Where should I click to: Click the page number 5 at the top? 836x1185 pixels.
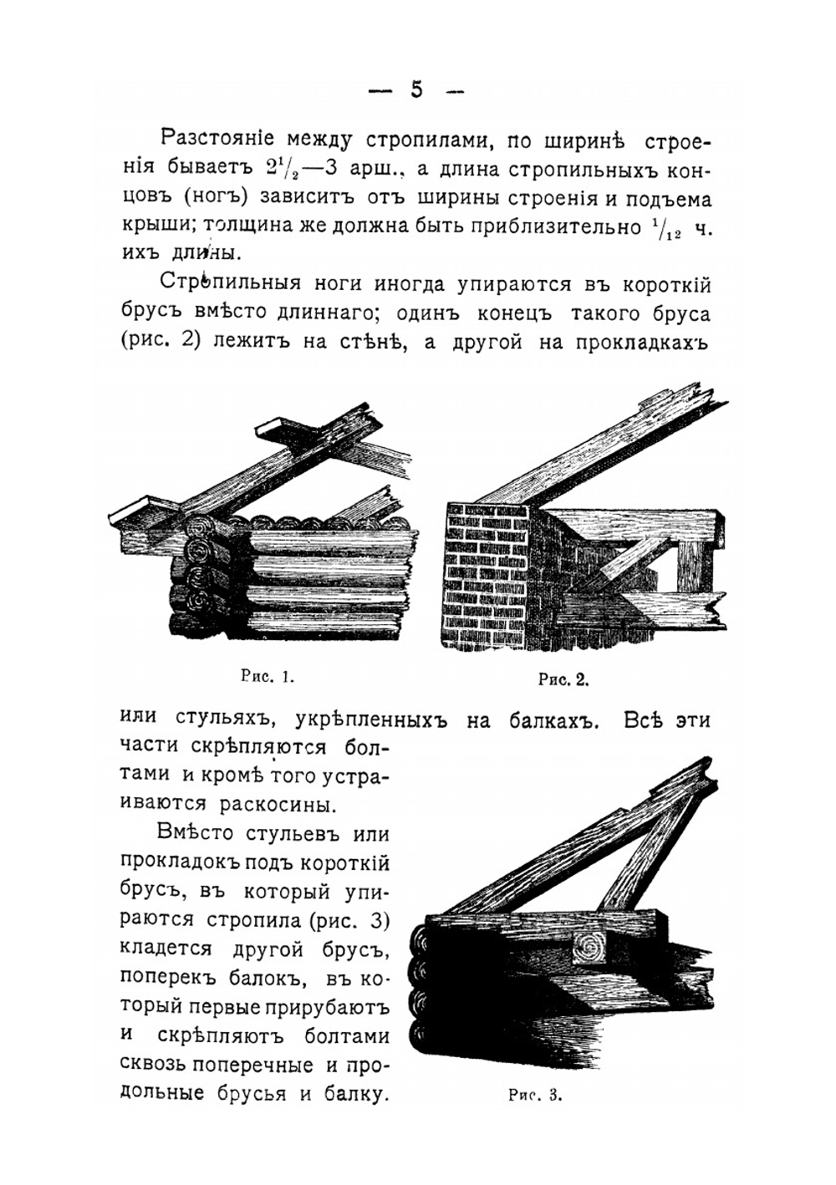416,89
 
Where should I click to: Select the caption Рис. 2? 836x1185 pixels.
563,679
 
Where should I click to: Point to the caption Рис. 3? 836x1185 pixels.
535,1096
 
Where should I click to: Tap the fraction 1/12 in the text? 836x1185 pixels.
665,229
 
